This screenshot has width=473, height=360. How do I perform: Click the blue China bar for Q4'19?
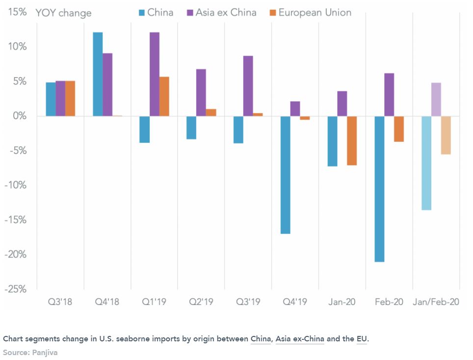click(x=285, y=174)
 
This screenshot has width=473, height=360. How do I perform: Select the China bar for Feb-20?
click(x=379, y=189)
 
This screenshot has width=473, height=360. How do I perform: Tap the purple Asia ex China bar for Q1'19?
click(x=154, y=74)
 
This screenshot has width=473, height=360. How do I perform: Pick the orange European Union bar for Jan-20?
click(x=352, y=140)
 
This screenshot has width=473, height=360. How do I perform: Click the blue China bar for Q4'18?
click(x=98, y=74)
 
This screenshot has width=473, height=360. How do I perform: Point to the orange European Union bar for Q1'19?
click(x=164, y=96)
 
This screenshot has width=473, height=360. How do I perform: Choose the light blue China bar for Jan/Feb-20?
click(x=426, y=163)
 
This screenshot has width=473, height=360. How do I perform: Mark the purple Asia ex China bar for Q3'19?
click(x=248, y=86)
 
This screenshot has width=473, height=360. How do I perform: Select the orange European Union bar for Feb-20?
click(x=399, y=129)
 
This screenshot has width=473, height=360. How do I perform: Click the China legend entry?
click(x=156, y=12)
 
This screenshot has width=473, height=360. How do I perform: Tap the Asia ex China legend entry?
click(x=221, y=12)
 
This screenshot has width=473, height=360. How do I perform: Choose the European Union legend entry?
click(x=310, y=12)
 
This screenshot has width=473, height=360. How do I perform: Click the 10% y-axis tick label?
click(x=17, y=47)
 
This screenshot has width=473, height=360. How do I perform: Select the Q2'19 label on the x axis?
click(x=201, y=302)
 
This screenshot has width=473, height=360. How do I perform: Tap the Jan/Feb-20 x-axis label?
click(x=436, y=302)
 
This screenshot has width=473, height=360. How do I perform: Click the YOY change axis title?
click(x=63, y=13)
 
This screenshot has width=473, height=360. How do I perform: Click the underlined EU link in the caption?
click(x=362, y=339)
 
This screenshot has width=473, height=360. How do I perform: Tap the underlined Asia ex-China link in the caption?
click(x=300, y=339)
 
